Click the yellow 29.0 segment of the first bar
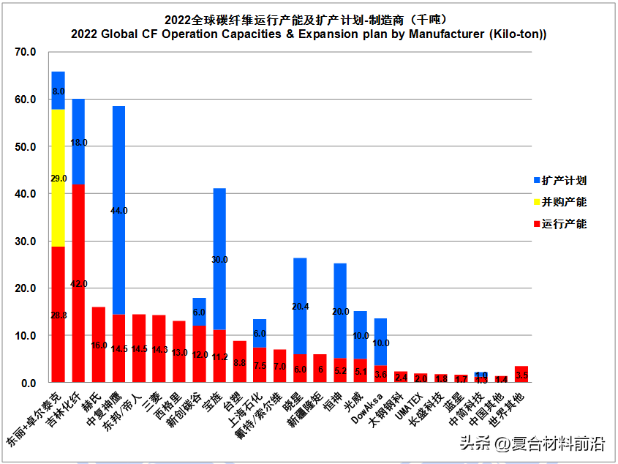[x=58, y=178]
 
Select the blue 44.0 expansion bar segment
[x=118, y=210]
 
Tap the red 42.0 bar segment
[x=78, y=283]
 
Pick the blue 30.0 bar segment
[x=219, y=259]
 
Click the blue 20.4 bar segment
[x=300, y=306]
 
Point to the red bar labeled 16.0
[x=99, y=345]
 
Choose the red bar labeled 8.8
[x=239, y=362]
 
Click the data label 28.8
[x=58, y=315]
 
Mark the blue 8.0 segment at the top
[x=58, y=91]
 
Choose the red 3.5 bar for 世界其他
[x=521, y=374]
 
